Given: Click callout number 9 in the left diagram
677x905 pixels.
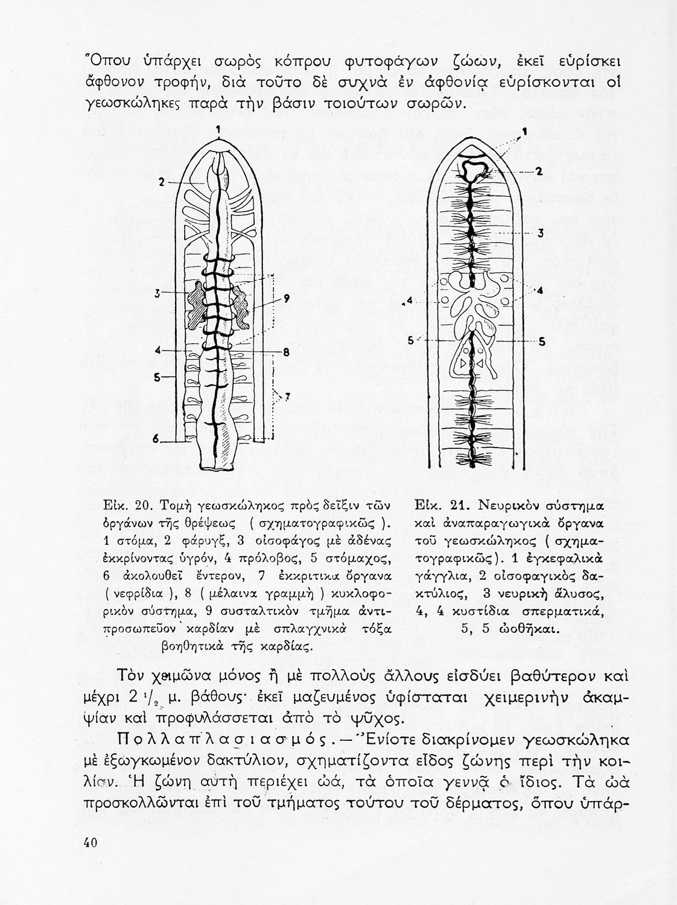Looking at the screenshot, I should (x=286, y=297).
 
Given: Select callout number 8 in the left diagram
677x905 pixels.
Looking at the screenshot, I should (x=287, y=351).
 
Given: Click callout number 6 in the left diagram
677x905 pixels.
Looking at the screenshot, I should (x=156, y=439).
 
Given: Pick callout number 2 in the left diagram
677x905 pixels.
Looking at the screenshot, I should (x=161, y=181).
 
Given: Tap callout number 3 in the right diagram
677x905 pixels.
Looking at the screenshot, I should (x=541, y=233).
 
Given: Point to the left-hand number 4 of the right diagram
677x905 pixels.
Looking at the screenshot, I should (x=410, y=300).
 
